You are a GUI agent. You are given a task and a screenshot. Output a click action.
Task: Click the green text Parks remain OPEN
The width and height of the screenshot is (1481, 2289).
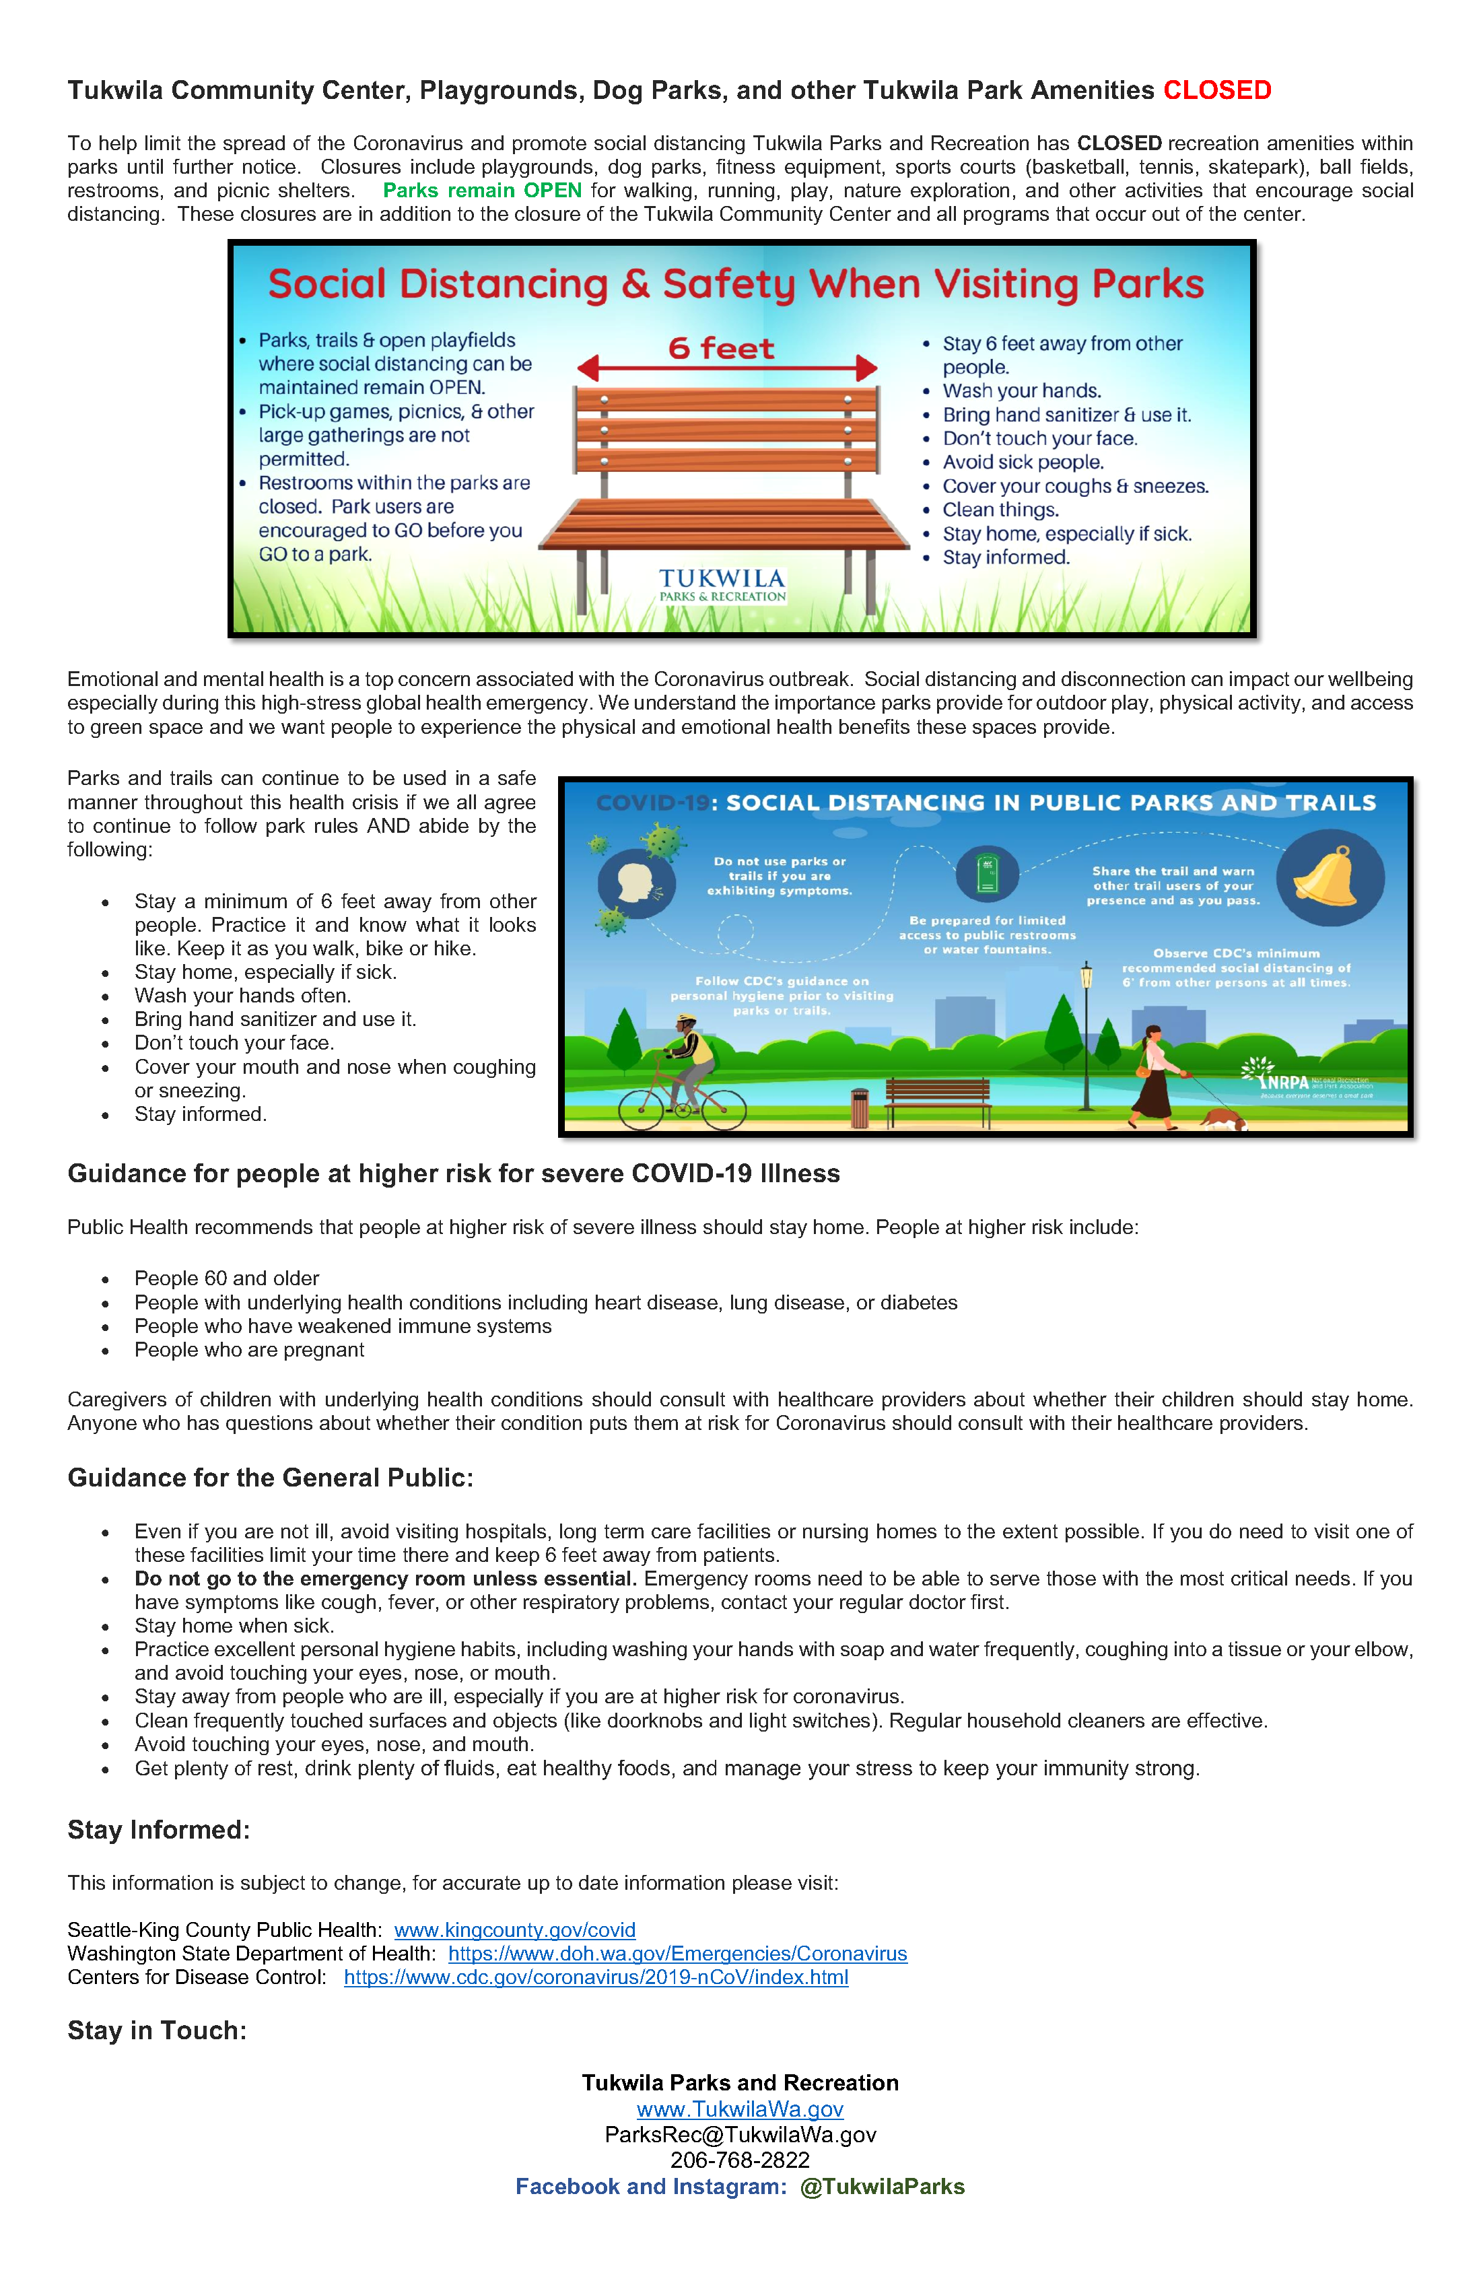(482, 191)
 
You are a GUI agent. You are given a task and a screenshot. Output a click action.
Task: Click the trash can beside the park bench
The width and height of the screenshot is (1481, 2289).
(860, 1106)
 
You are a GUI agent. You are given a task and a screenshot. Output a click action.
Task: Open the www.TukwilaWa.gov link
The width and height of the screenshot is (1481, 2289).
(740, 2109)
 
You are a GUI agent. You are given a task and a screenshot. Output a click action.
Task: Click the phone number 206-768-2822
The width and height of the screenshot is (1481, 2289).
(740, 2160)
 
